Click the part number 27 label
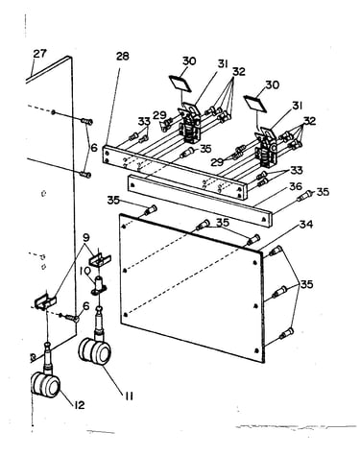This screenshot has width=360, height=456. point(40,54)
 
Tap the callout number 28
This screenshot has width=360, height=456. point(122,56)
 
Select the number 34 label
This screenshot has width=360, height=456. point(306,225)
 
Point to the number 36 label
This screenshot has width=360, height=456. point(296,186)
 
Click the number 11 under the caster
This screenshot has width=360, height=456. point(129,396)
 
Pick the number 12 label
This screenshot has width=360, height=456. point(79,405)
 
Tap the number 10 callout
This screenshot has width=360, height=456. point(86,273)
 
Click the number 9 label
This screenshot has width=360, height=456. point(86,238)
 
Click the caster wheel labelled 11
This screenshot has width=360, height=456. point(95,351)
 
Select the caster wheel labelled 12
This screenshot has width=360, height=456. point(45,384)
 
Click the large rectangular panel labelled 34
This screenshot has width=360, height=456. point(192,288)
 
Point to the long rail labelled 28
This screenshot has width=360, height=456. point(176,172)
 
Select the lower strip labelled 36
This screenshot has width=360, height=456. point(199,201)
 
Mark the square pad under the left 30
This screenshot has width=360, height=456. point(180,84)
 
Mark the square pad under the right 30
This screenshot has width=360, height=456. point(255,103)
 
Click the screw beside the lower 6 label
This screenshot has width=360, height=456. point(72,318)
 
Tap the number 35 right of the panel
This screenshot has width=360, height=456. point(306,284)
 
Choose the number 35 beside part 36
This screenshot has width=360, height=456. point(323,192)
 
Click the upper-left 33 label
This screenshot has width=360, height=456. point(144,121)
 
